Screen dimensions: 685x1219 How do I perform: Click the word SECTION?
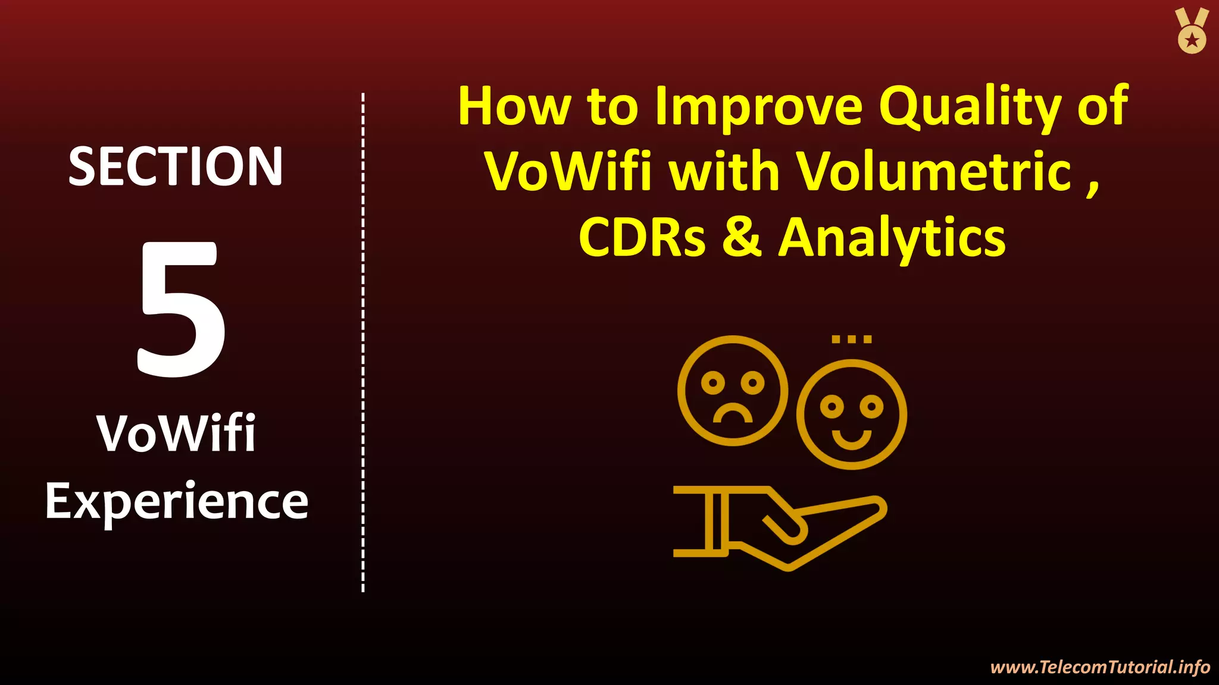(176, 167)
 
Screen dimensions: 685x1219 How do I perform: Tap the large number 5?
(181, 309)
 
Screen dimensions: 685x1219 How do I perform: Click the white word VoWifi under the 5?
(176, 433)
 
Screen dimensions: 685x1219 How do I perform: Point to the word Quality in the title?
(970, 108)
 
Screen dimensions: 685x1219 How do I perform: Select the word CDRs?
(642, 237)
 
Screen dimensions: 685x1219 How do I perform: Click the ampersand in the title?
(742, 237)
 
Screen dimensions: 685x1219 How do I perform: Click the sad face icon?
(733, 391)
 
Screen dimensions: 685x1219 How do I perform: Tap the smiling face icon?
(851, 414)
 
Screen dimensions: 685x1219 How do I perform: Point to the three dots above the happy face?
(851, 340)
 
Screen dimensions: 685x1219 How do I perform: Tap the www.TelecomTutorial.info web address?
(1100, 667)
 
